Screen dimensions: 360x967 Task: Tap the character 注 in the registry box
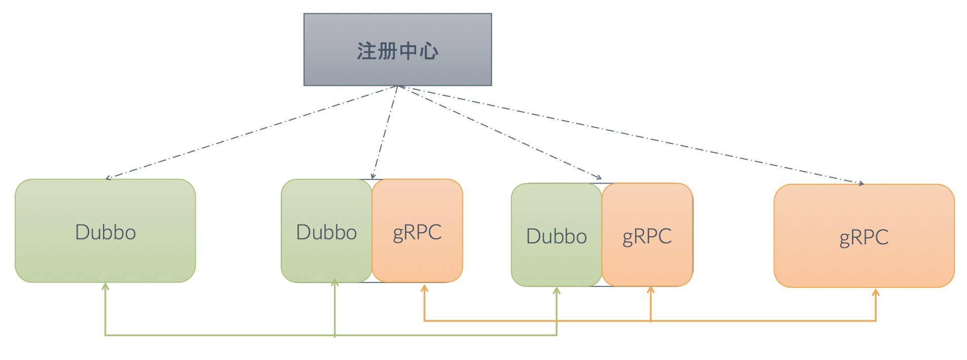click(x=366, y=51)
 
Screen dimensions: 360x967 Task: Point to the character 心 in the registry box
click(x=429, y=51)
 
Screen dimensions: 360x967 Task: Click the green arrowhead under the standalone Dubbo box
click(x=105, y=286)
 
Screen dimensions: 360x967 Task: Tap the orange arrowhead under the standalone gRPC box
click(x=875, y=292)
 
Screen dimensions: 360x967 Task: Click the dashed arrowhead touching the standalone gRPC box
click(x=861, y=184)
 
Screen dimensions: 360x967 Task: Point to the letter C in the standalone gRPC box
click(x=881, y=237)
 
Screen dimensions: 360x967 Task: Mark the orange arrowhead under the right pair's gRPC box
click(x=651, y=290)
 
